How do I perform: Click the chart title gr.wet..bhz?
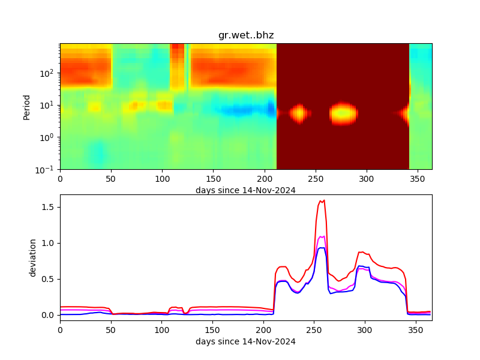click(x=246, y=35)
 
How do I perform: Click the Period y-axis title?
click(x=26, y=106)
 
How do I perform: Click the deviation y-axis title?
click(x=33, y=257)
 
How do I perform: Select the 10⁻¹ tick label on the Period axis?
click(x=48, y=169)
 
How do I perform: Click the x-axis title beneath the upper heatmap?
click(x=245, y=190)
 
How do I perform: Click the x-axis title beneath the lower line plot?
click(x=245, y=341)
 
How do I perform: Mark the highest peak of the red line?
click(x=324, y=200)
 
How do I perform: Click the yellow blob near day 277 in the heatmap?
click(x=343, y=112)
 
